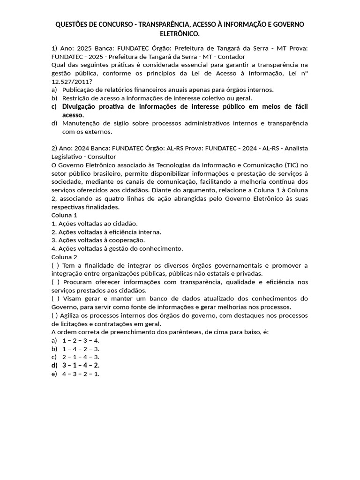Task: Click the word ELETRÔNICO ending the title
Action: pos(180,34)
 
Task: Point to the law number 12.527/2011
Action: pos(70,81)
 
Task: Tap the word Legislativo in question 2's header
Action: pos(69,157)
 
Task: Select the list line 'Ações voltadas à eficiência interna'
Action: pos(106,232)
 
